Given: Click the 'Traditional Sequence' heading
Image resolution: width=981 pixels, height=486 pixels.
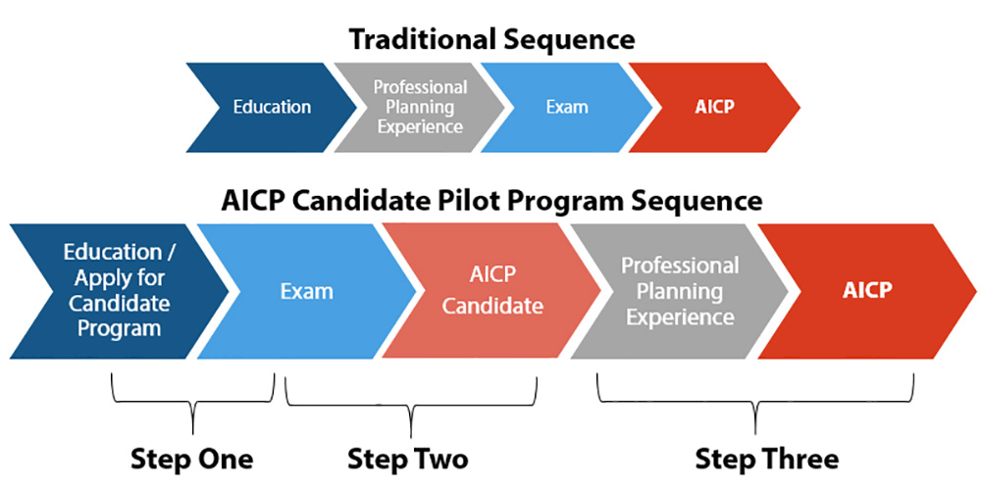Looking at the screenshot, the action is [491, 40].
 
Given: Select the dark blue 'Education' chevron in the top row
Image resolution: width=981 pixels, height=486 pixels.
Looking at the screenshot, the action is [272, 108].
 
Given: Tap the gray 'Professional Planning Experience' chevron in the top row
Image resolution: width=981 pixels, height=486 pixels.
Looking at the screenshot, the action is [419, 108].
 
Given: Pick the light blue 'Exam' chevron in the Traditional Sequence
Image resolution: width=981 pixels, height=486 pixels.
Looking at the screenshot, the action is [567, 108].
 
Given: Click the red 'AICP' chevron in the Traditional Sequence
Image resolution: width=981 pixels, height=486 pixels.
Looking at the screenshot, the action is [714, 108].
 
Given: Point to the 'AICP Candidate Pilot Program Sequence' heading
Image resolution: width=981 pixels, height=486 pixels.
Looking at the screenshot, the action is [491, 201].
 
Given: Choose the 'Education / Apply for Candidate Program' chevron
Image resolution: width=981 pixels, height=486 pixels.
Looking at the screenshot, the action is [120, 291].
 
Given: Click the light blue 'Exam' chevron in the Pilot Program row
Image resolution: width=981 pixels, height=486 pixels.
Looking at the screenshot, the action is [306, 291].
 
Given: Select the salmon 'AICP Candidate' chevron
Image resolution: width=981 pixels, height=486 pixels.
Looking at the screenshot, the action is [493, 291].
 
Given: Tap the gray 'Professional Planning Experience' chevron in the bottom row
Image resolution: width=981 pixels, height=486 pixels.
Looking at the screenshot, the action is [680, 291].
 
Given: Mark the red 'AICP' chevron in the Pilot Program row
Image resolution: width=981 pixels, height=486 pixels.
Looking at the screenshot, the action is [867, 291].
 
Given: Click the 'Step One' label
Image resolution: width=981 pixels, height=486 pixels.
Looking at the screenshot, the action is [192, 460].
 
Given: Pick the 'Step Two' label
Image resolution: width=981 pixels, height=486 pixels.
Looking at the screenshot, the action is [408, 460].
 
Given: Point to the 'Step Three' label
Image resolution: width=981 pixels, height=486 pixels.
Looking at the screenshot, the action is [767, 460].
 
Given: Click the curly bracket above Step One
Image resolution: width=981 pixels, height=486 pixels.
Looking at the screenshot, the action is [192, 404].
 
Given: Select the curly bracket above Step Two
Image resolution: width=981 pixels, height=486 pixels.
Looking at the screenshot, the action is [410, 406].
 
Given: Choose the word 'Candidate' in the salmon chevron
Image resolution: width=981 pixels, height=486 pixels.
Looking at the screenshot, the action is [493, 307].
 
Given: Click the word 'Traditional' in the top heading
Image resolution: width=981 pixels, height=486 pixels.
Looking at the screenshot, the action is [422, 40].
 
